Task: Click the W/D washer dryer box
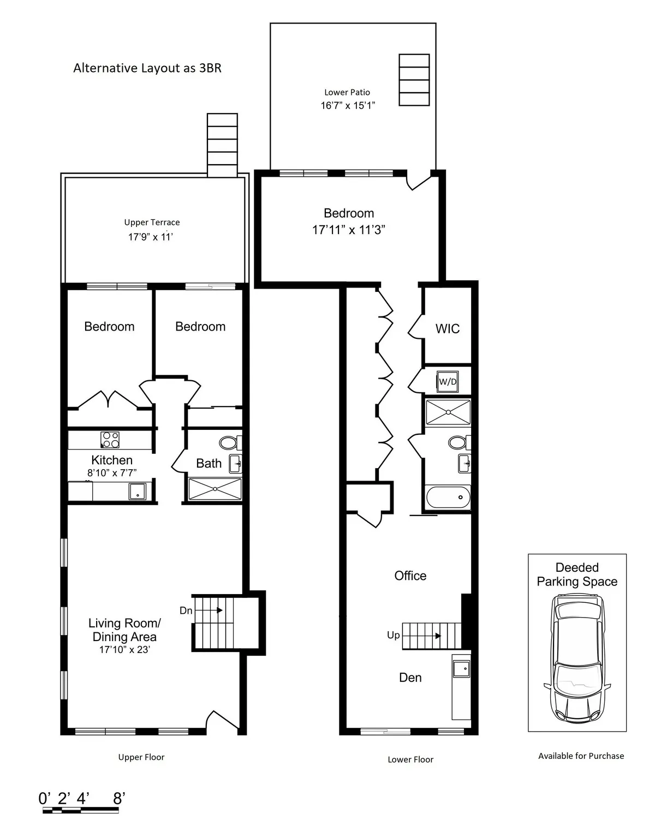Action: coord(448,382)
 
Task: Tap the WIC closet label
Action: coord(447,329)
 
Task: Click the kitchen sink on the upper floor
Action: coord(138,492)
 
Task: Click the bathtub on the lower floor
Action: coord(448,497)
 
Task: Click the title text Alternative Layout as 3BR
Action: coord(147,68)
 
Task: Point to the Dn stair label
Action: coord(186,610)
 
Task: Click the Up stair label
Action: coord(393,636)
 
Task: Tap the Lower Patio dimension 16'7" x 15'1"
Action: coord(348,105)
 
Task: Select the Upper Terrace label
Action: coord(152,223)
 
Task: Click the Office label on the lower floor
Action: coord(410,576)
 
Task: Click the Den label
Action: coord(410,678)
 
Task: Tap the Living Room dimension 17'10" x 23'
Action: coord(124,650)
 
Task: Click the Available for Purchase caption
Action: coord(581,756)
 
